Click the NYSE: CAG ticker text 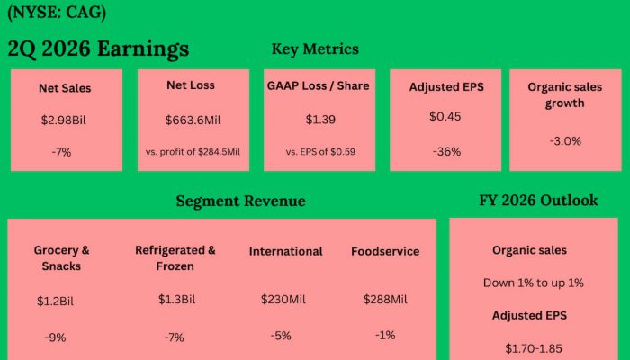pos(56,13)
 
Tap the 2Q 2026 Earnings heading pos(98,49)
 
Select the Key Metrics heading pos(315,49)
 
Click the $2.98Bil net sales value pos(65,120)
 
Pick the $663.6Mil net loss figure pos(193,120)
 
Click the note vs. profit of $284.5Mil pos(193,151)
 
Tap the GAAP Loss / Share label pos(319,85)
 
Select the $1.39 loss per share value pos(319,119)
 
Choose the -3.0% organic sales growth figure pos(565,140)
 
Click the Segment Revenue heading pos(240,201)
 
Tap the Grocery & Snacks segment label pos(62,258)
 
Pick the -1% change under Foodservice pos(385,335)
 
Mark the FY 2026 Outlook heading pos(538,200)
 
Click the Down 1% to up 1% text pos(534,283)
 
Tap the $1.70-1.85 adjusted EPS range pos(534,346)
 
